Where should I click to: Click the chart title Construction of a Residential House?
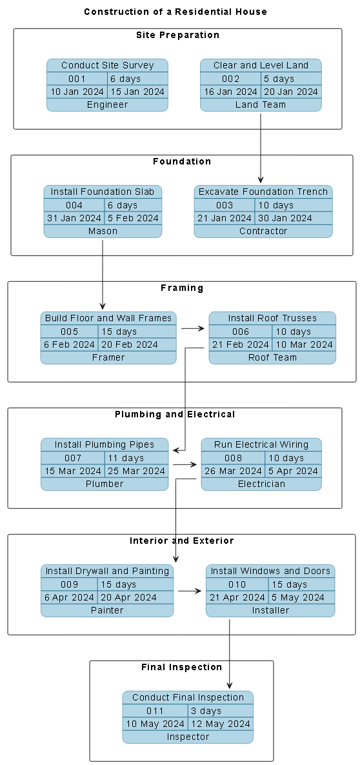[x=175, y=12]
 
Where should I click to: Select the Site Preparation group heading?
[x=177, y=35]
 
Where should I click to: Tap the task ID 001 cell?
[x=77, y=79]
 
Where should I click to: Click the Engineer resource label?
[x=107, y=104]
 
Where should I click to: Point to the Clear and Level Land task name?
[x=261, y=65]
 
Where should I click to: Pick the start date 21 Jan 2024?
[x=224, y=218]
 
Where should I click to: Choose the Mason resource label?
[x=103, y=231]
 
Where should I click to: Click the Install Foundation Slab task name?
[x=103, y=192]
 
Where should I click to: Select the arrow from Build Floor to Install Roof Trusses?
[x=192, y=328]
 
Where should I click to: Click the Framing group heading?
[x=181, y=288]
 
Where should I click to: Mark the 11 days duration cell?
[x=125, y=458]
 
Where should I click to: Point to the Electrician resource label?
[x=261, y=484]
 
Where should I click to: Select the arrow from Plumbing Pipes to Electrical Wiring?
[x=185, y=464]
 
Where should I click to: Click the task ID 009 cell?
[x=69, y=584]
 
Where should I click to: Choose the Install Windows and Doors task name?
[x=270, y=571]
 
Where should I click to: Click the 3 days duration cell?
[x=206, y=711]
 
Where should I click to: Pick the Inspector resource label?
[x=188, y=737]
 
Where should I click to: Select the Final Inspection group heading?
[x=181, y=667]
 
